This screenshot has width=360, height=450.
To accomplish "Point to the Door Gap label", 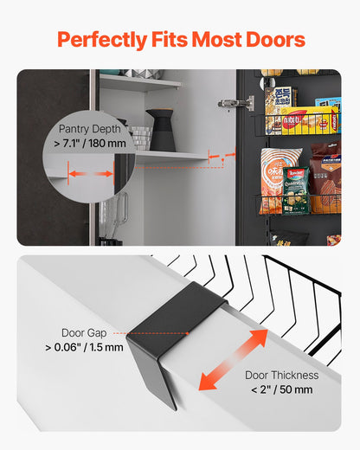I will [x=85, y=332].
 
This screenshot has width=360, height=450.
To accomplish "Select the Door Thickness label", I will [x=282, y=375].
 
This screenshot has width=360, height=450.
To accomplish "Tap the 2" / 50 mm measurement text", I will [x=282, y=390].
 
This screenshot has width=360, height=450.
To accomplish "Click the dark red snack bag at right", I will [x=326, y=177].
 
